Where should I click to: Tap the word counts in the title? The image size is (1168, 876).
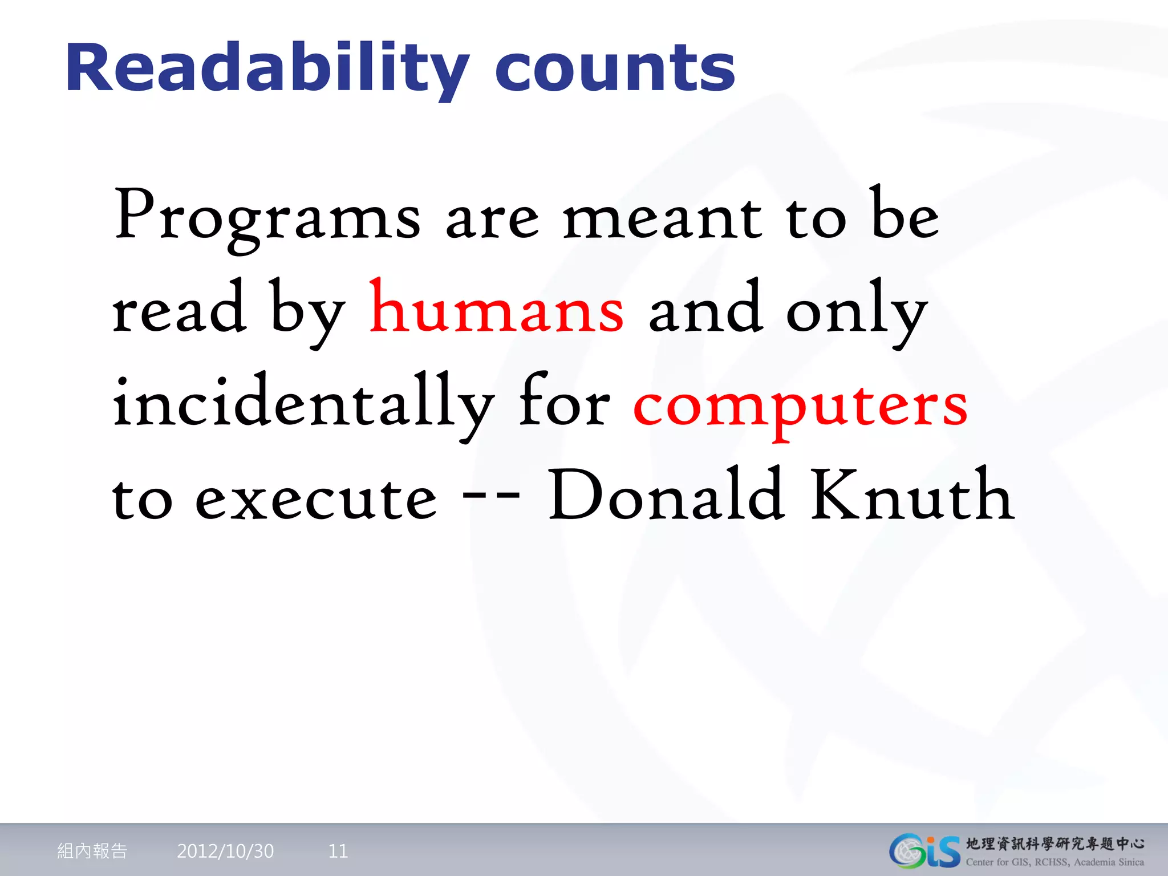(615, 70)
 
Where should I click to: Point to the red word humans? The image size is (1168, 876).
(496, 311)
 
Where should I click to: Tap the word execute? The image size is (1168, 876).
(316, 500)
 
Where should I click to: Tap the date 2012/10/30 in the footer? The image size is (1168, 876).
(225, 851)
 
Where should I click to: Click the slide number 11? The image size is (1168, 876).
(338, 851)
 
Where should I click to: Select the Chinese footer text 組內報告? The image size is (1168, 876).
(92, 851)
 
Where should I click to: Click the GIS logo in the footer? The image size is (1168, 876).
(924, 851)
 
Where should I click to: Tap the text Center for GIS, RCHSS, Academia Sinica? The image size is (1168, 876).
(1055, 862)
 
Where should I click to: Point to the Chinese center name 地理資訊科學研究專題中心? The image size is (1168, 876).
(1055, 843)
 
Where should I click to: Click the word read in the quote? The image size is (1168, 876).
(179, 311)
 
